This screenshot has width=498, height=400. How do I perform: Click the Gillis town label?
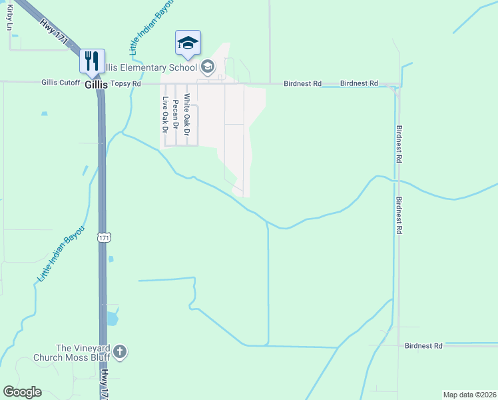point(97,84)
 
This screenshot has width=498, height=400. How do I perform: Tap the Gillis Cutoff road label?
point(61,83)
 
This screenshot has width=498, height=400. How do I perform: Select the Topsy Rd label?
point(127,83)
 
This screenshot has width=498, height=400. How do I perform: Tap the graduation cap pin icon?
point(188,43)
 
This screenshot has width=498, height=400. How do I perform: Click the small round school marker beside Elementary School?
point(208,65)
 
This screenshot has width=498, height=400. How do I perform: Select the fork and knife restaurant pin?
point(92,61)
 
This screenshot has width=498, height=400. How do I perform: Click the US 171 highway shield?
point(103,237)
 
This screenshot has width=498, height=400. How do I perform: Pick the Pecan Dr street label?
point(176,113)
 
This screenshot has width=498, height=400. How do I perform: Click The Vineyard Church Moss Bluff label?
point(72,353)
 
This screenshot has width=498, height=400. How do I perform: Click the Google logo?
point(22,392)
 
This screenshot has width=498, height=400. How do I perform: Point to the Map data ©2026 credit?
point(469,395)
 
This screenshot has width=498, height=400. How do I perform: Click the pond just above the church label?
point(111,319)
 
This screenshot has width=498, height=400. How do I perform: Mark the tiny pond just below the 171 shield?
point(111,259)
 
